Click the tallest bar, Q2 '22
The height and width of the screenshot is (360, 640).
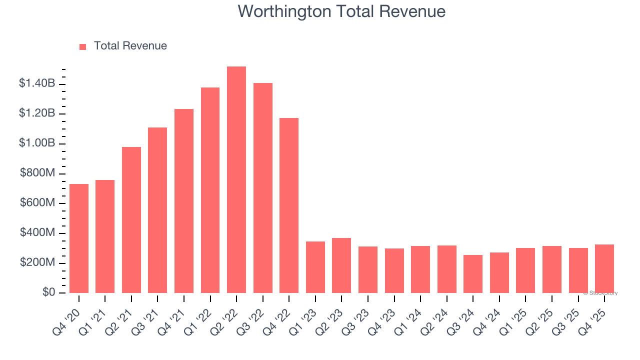click(236, 180)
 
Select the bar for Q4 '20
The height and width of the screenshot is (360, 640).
click(79, 238)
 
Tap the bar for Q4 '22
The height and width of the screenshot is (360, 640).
click(289, 205)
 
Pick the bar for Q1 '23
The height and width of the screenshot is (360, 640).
click(315, 267)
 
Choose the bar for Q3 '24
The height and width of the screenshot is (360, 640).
click(473, 274)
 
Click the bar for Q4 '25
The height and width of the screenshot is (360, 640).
click(604, 269)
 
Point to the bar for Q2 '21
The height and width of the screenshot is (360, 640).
click(131, 220)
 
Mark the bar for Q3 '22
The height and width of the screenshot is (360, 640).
click(263, 188)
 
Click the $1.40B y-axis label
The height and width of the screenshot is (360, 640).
click(37, 83)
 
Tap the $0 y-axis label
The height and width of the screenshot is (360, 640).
click(48, 292)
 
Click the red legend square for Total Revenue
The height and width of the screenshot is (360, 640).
click(83, 46)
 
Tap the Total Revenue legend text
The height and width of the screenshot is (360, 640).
click(130, 46)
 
